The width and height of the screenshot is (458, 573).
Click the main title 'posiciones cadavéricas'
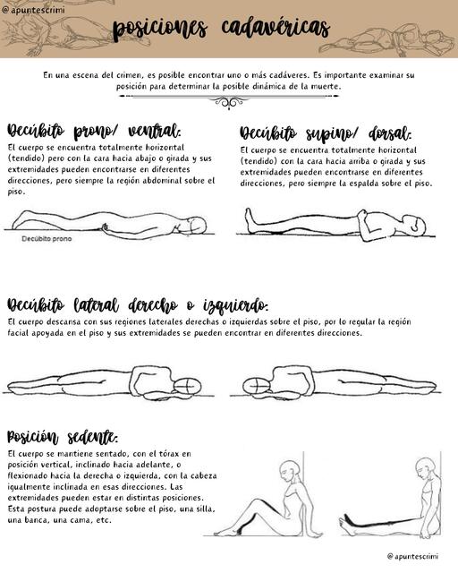coord(221,30)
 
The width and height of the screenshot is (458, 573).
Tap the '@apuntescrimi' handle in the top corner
coord(33,7)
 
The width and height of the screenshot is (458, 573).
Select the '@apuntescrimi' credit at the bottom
coord(418,556)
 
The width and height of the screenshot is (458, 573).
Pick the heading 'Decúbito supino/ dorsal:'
coord(325,134)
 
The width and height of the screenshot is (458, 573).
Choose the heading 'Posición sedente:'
coord(63,437)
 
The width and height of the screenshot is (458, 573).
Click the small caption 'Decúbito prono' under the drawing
coord(47,239)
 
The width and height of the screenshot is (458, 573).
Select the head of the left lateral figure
coord(190,383)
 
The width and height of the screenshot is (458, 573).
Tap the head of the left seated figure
coord(286,469)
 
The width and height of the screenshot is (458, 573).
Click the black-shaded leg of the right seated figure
coord(376,521)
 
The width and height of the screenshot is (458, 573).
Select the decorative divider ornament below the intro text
coord(229,101)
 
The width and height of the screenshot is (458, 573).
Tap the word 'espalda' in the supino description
coord(368,183)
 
